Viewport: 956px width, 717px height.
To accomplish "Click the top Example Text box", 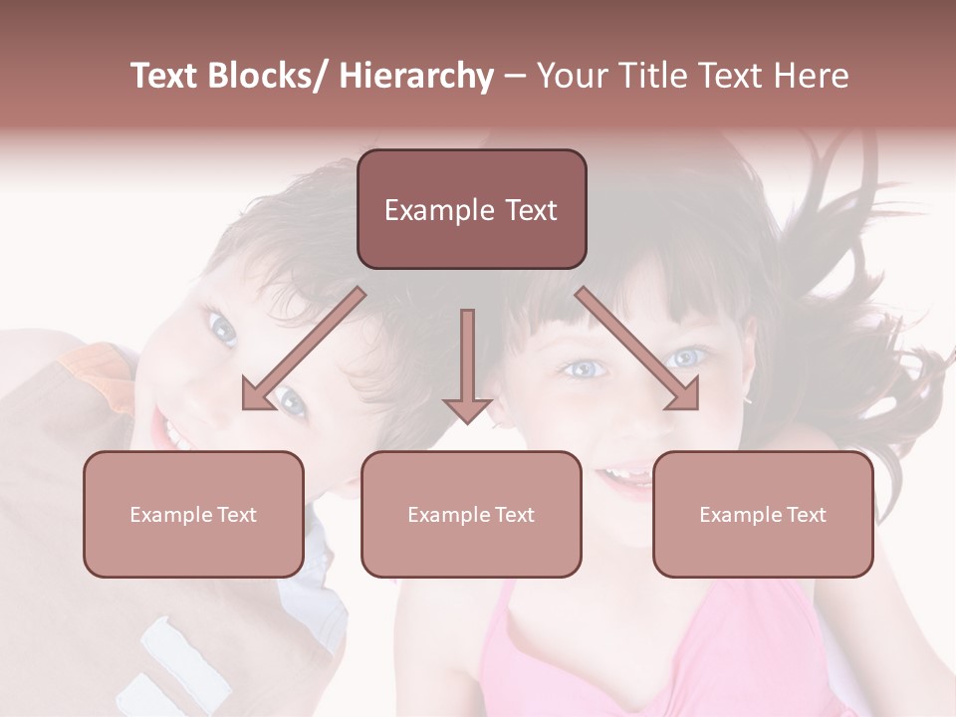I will tap(471, 209).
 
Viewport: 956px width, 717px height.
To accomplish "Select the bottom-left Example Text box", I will tap(193, 514).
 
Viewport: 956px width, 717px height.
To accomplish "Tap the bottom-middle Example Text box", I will tap(471, 514).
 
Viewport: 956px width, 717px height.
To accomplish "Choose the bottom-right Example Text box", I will tap(763, 514).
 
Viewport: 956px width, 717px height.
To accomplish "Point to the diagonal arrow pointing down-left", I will tap(304, 349).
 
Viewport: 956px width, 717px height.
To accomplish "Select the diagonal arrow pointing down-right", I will tap(637, 349).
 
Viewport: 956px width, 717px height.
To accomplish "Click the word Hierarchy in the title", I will tap(416, 77).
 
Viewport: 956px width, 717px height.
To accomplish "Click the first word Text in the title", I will tap(166, 77).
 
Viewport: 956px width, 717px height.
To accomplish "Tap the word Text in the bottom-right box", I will tap(805, 515).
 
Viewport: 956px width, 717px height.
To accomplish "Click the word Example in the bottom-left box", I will tap(171, 515).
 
